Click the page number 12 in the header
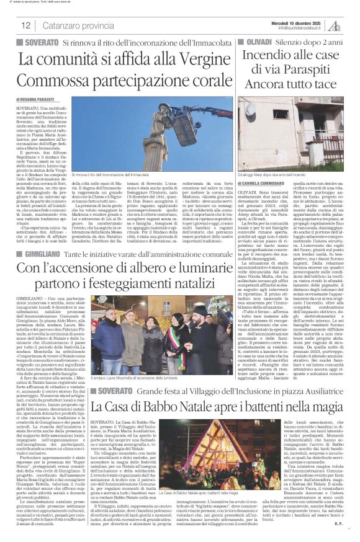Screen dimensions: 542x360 click(x=26, y=25)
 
